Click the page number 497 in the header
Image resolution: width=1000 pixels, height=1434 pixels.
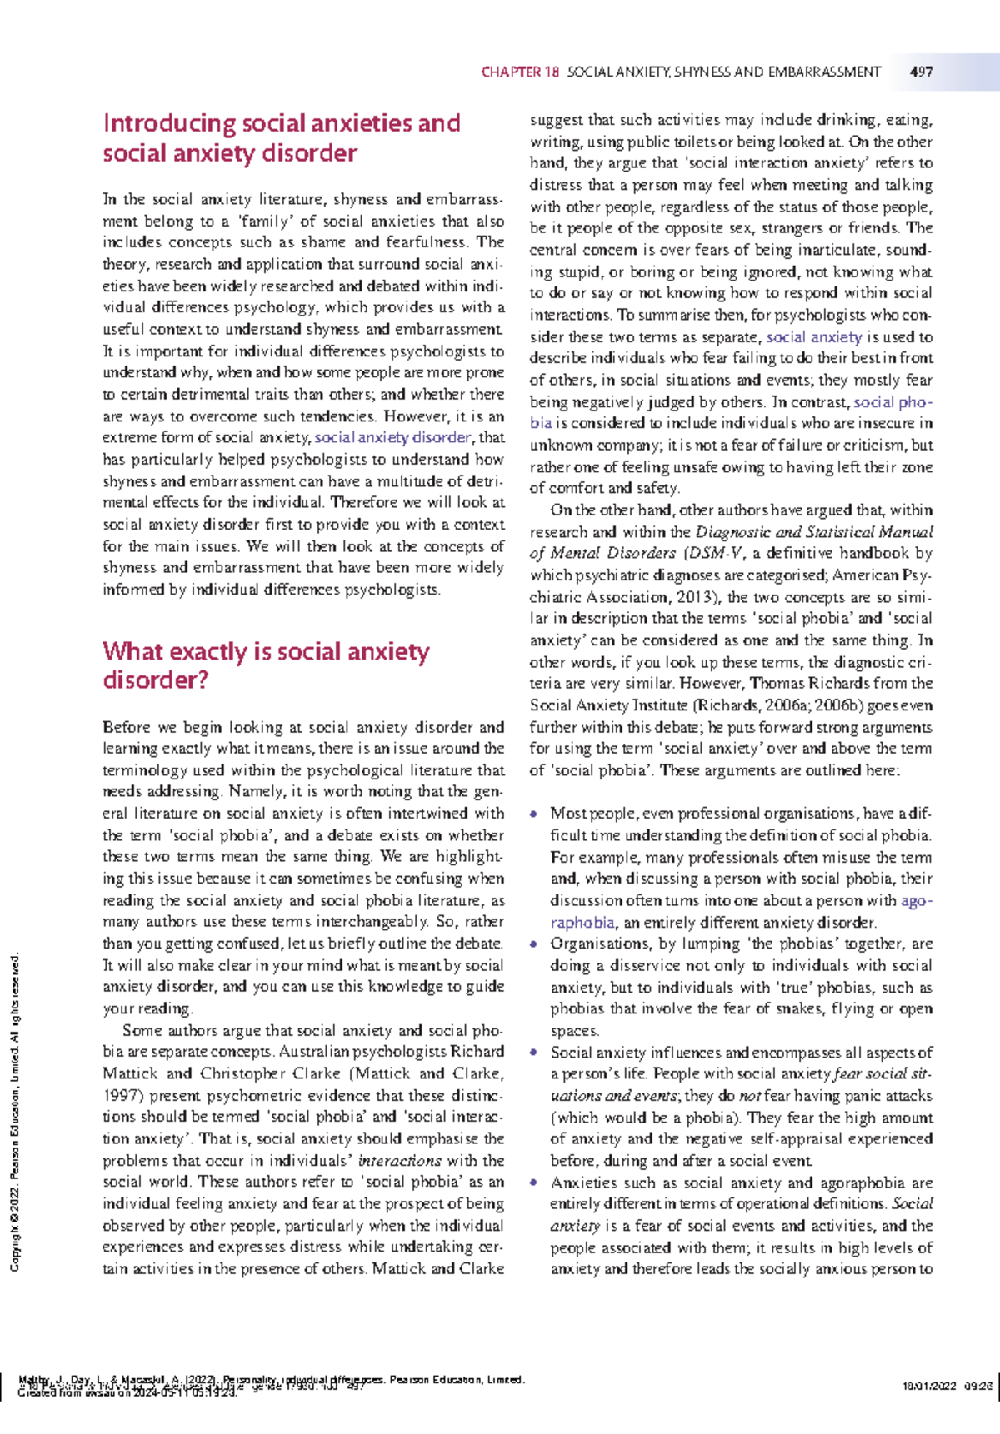click(x=921, y=72)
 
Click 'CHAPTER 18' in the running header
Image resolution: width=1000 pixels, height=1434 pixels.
click(x=520, y=72)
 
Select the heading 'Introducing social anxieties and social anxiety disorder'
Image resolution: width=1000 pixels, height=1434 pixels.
click(x=281, y=138)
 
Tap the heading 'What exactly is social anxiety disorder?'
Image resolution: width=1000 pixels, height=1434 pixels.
click(x=266, y=665)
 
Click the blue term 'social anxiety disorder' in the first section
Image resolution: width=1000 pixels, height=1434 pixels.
click(x=393, y=437)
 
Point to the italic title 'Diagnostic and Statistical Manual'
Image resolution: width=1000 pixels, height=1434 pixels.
click(x=814, y=532)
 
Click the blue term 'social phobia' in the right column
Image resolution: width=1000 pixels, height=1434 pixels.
click(x=892, y=402)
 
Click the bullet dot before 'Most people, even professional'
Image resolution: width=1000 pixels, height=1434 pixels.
click(x=533, y=814)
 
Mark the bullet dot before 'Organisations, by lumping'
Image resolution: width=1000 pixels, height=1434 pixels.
click(x=533, y=944)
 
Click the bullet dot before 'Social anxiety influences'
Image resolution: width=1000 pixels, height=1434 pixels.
click(x=533, y=1053)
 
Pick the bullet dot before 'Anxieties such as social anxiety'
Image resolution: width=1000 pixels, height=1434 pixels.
click(x=533, y=1183)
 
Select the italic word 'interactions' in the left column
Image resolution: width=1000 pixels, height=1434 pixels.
click(x=400, y=1161)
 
